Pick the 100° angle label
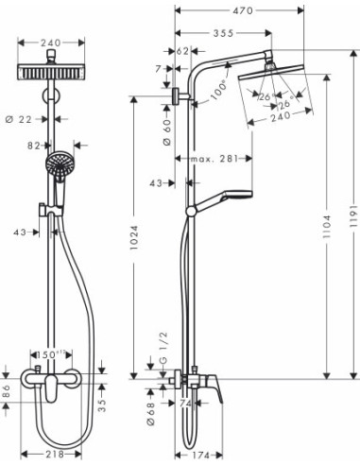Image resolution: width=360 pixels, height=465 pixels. point(220,88)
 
